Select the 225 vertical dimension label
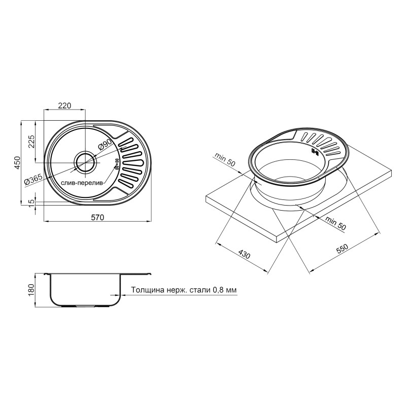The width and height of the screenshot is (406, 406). tap(30, 142)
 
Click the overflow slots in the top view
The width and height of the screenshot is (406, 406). tap(116, 163)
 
